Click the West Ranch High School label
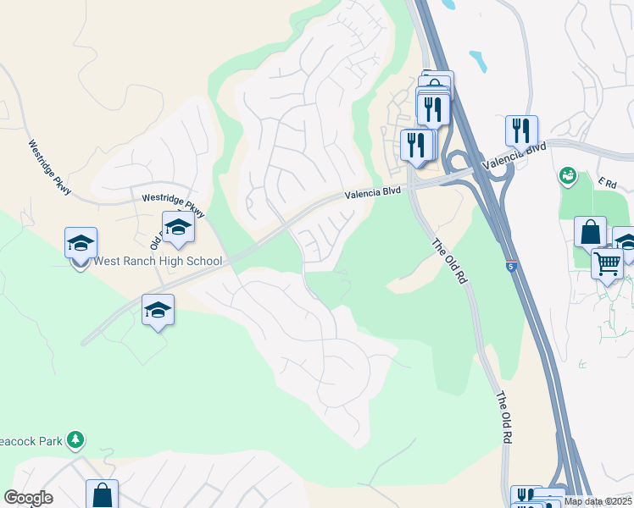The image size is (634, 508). click(158, 262)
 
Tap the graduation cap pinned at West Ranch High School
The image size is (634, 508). click(81, 244)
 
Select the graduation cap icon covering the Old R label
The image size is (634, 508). click(178, 228)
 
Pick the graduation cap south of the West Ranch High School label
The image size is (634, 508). click(158, 311)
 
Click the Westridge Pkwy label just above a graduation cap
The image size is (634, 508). click(173, 203)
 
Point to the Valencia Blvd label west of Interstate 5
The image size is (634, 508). click(372, 193)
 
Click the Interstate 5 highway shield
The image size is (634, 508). click(512, 266)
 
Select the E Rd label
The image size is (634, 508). click(606, 182)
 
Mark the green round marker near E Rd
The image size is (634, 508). click(567, 176)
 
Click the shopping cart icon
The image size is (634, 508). click(607, 263)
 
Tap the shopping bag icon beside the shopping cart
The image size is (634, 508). click(590, 232)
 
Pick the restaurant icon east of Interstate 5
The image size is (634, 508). click(521, 130)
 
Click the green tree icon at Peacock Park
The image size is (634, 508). click(76, 439)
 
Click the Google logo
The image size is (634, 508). click(28, 498)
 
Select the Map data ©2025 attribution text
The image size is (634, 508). click(598, 501)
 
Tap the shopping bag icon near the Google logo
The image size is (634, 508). click(102, 494)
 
